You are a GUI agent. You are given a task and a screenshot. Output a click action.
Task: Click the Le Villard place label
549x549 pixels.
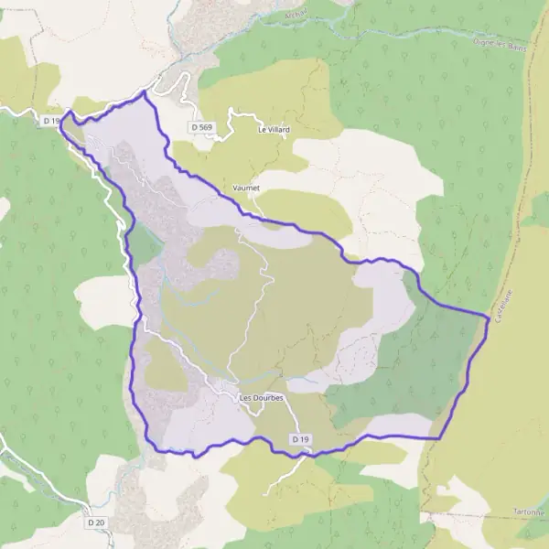coord(274,130)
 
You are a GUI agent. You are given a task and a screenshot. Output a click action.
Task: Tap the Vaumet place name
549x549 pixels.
coord(247,188)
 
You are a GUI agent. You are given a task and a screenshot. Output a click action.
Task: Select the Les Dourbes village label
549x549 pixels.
coord(261,398)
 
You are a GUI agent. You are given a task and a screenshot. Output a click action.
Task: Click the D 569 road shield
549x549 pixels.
coord(202,125)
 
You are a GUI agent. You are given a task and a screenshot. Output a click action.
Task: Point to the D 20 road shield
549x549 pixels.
coord(97,522)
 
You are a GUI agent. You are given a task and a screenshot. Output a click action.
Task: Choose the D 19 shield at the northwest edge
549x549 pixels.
coord(51,120)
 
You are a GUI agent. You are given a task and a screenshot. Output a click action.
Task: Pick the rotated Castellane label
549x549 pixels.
coord(504,293)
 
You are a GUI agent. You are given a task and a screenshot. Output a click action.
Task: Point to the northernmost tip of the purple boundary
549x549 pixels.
coord(145,92)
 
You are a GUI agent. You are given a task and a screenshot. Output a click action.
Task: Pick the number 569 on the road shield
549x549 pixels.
coord(206,125)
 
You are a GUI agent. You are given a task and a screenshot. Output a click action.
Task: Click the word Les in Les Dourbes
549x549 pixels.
coord(244,398)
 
